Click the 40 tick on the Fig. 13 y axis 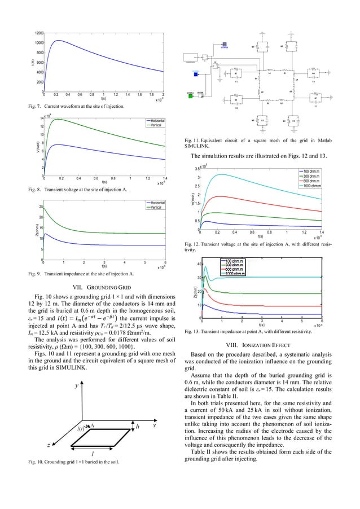coord(197,264)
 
